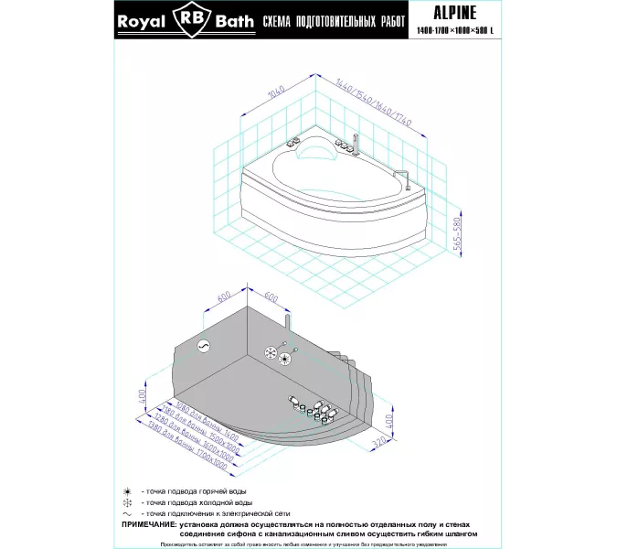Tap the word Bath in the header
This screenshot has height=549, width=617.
click(232, 22)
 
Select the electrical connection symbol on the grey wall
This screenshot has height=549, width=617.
click(204, 345)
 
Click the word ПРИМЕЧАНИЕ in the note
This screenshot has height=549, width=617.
click(151, 524)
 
